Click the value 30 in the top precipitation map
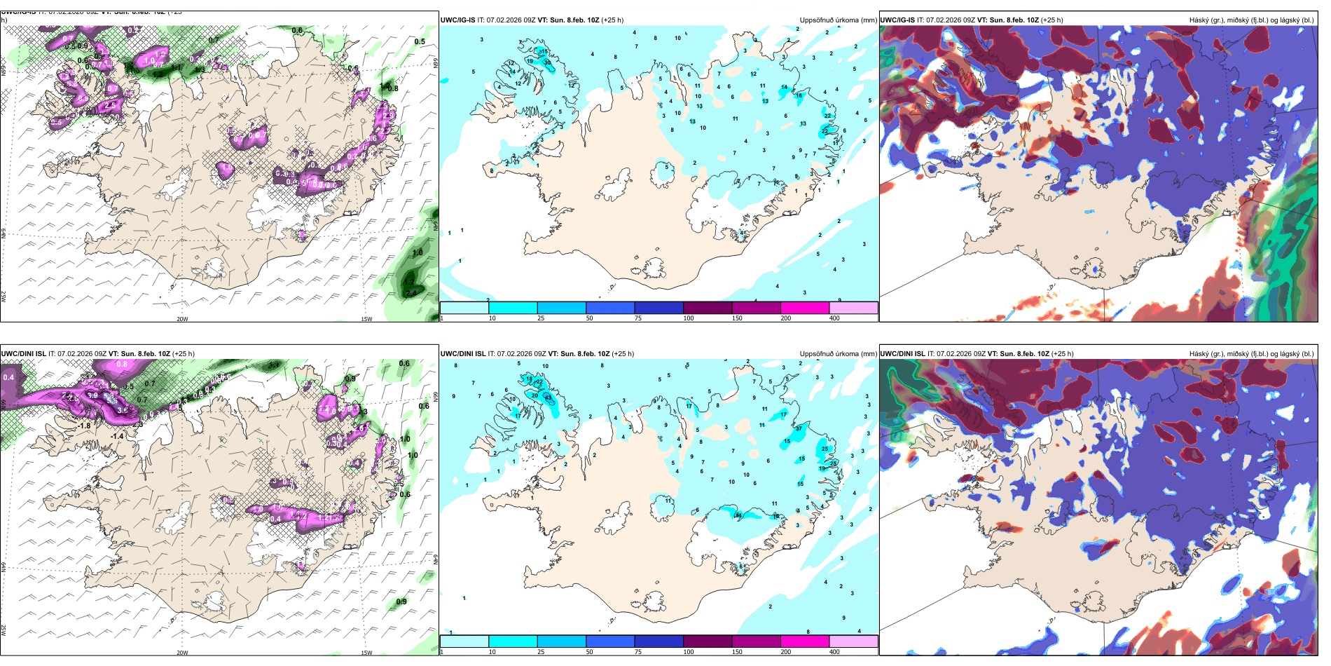point(547,62)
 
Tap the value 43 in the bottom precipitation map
point(547,397)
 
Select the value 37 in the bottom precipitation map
point(799,428)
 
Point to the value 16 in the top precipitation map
point(799,95)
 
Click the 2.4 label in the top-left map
point(411,294)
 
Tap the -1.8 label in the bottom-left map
point(84,426)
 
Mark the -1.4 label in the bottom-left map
point(116,436)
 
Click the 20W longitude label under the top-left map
point(182,319)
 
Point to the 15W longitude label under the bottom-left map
point(366,653)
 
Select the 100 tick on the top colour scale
point(689,318)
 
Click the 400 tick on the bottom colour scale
point(834,652)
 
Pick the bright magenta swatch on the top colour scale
point(805,308)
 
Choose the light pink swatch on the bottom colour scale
point(853,641)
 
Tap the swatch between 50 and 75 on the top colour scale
point(610,308)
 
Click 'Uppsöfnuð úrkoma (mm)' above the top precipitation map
point(838,20)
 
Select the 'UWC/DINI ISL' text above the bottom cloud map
point(903,354)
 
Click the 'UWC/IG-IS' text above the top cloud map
point(897,20)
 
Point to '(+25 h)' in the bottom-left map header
point(184,354)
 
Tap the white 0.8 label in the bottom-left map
point(122,364)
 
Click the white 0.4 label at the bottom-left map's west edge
point(8,377)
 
